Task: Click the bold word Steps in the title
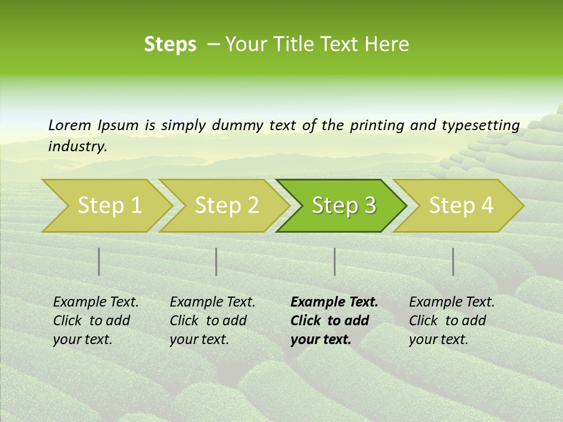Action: click(170, 45)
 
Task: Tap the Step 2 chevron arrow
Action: click(226, 206)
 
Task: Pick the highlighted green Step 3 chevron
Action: click(344, 206)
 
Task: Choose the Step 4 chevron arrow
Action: click(461, 206)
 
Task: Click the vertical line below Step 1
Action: click(99, 261)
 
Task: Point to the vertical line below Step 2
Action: click(216, 261)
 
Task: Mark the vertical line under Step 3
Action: click(334, 261)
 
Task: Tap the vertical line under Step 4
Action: click(453, 261)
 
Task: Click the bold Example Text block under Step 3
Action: click(334, 321)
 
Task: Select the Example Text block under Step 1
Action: click(96, 321)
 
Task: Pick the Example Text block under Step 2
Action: click(212, 321)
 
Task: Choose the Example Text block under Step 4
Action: click(452, 321)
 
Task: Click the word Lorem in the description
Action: click(70, 125)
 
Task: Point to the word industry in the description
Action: click(77, 147)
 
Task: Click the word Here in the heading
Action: click(386, 45)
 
